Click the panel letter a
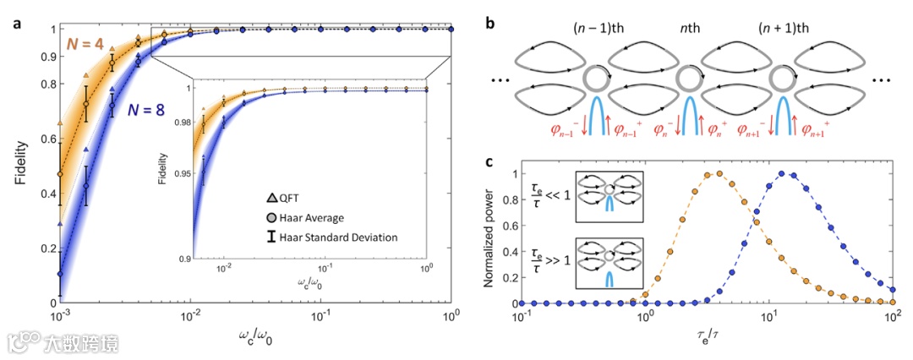(x=17, y=23)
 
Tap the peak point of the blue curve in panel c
(x=782, y=173)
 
